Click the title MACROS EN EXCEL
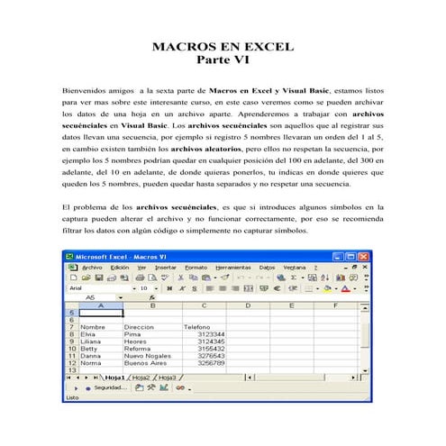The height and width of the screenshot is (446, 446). coord(223,46)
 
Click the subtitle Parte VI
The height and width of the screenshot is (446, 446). coord(223,60)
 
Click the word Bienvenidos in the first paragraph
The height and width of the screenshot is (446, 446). coord(85,91)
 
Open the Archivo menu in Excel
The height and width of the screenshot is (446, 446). coord(92,267)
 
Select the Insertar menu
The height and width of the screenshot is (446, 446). coord(165,267)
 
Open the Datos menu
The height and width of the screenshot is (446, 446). coord(268,267)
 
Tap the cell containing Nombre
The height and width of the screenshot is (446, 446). coord(94,326)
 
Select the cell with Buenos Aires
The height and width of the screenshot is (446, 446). coord(143,362)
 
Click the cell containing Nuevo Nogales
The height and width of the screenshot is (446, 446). coord(146,355)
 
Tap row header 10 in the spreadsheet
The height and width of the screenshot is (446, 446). coord(70,348)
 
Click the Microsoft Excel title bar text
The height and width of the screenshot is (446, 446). coord(117,255)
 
